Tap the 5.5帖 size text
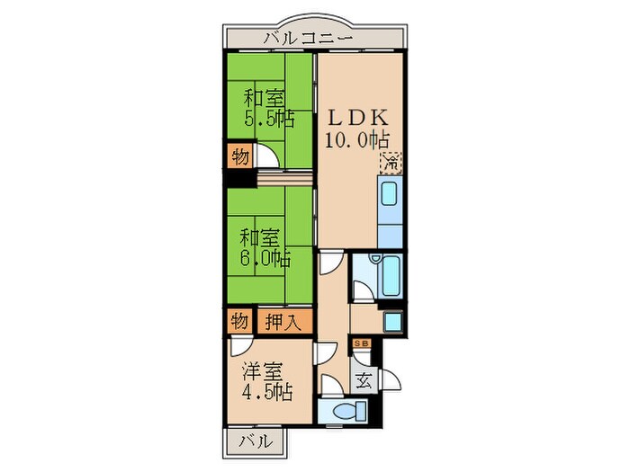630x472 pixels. (269, 119)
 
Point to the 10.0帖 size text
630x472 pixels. (356, 140)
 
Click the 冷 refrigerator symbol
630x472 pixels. (392, 164)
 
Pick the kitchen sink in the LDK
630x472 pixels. (391, 195)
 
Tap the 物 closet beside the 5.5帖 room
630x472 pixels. (239, 156)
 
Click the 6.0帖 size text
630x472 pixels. (265, 259)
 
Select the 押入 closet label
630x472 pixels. (283, 320)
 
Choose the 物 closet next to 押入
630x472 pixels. (239, 320)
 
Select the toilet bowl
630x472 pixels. (345, 413)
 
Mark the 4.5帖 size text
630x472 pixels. (266, 392)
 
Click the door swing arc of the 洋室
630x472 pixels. (239, 348)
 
